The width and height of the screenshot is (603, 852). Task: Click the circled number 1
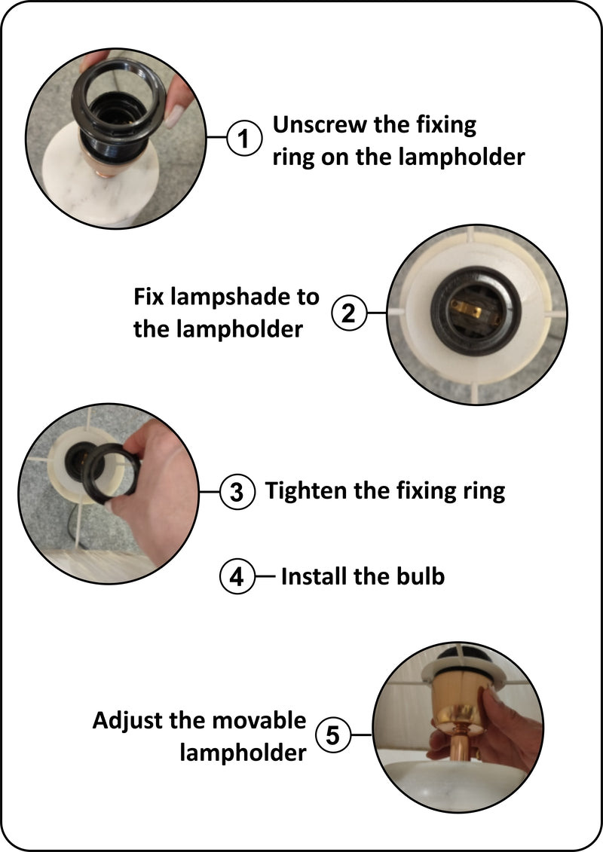[243, 138]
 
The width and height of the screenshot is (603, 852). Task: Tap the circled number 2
[348, 313]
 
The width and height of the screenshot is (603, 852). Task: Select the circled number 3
[237, 492]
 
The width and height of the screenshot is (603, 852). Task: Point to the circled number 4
[237, 576]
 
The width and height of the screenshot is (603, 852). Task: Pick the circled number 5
[332, 735]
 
